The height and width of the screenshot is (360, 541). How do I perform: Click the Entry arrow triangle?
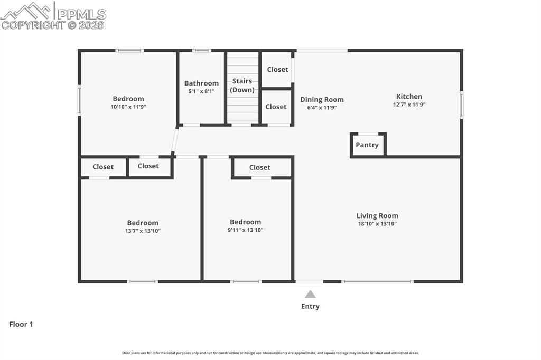[x=310, y=295]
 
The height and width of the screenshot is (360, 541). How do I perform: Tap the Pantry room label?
[x=367, y=145]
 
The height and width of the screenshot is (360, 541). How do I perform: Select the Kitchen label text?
[x=409, y=97]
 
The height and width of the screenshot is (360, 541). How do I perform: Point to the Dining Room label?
[x=322, y=99]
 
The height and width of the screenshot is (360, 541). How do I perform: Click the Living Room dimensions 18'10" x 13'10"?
[x=377, y=224]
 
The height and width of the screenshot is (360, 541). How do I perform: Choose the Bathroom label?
[x=201, y=83]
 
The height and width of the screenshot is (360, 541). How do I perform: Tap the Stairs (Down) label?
[x=242, y=86]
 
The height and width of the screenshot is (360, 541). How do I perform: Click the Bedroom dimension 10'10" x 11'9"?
[x=128, y=107]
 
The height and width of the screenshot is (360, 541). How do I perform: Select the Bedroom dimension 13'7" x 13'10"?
[x=143, y=231]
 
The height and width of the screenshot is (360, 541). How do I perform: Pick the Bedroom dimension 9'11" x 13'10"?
[x=245, y=230]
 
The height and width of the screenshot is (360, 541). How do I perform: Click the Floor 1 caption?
[x=21, y=325]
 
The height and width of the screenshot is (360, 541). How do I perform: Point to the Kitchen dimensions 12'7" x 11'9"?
[x=409, y=105]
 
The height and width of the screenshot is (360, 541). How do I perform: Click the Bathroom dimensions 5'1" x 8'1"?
[x=201, y=91]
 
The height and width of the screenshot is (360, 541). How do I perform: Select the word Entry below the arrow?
[x=310, y=306]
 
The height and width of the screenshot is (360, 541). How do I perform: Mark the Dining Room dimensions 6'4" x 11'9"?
[x=322, y=108]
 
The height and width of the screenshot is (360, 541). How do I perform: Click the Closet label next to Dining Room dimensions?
[x=276, y=107]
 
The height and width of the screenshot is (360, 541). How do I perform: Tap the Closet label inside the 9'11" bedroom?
[x=259, y=167]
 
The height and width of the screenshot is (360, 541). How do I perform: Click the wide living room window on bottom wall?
[x=377, y=281]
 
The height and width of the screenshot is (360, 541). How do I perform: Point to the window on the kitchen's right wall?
[x=461, y=105]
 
